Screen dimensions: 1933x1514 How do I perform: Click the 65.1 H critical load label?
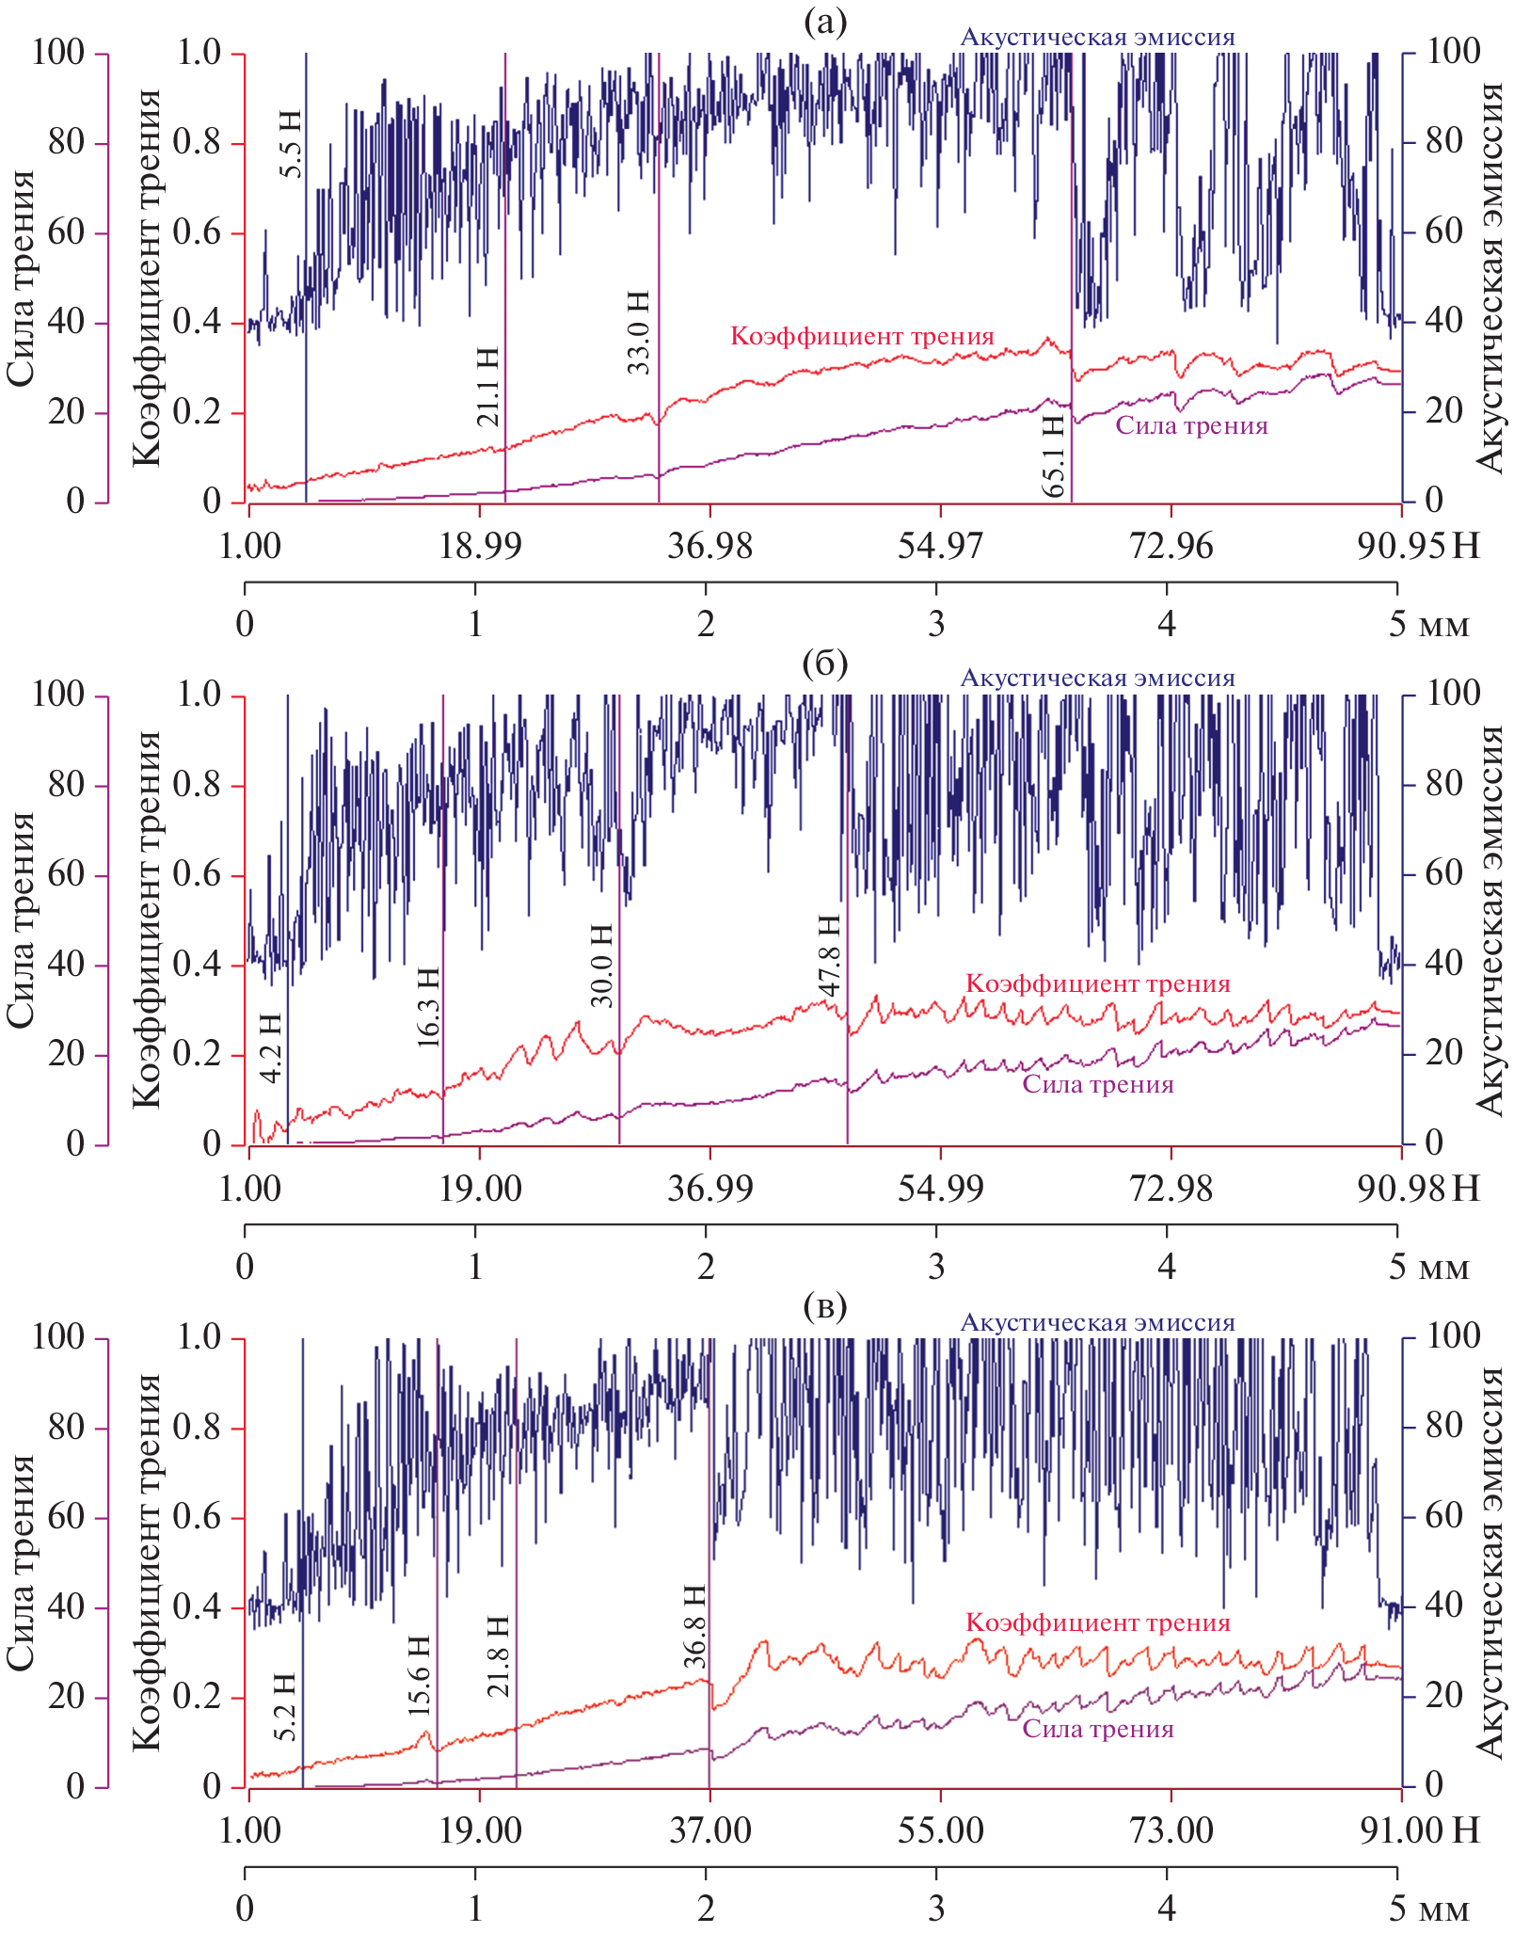1054,455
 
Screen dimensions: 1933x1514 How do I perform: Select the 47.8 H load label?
829,954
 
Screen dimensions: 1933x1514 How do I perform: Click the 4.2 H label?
271,1048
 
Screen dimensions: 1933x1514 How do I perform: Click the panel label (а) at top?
825,22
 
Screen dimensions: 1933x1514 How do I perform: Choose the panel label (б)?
825,663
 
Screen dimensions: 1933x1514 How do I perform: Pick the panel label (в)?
825,1306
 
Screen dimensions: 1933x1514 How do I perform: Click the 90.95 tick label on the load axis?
1400,545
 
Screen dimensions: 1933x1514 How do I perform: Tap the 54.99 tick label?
940,1188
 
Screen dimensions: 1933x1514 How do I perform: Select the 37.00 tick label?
710,1830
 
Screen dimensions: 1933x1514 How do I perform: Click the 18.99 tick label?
480,545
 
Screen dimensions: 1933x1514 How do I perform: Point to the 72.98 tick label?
1171,1188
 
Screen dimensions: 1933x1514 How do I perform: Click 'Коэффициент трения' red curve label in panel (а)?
862,336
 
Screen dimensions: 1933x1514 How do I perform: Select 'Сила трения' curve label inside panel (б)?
1098,1084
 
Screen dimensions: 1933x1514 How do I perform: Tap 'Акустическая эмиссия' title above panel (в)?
1097,1322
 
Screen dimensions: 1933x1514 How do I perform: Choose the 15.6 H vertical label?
420,1675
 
